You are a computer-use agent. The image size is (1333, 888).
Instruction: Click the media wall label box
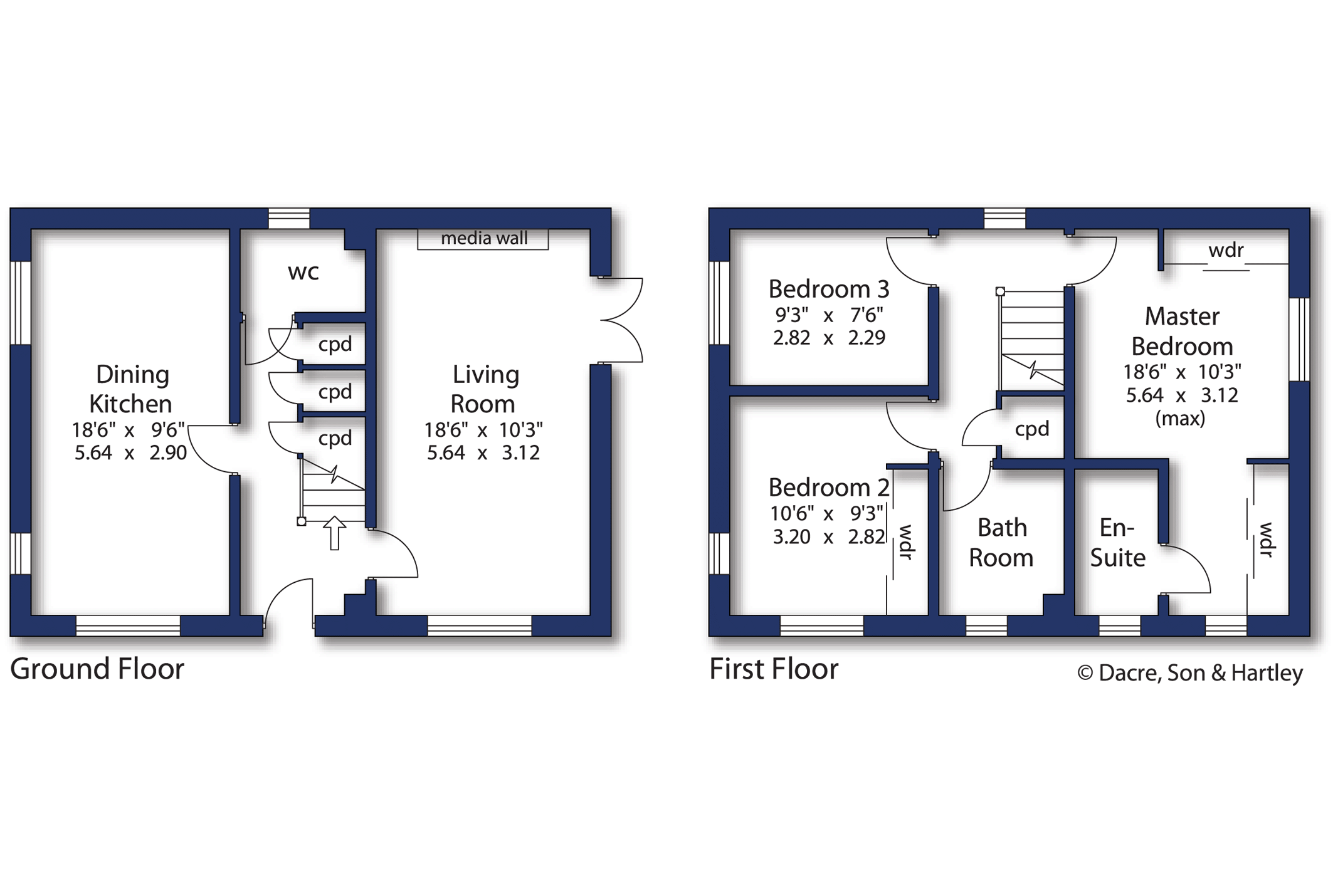[483, 239]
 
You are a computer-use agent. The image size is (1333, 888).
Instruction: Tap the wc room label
[303, 273]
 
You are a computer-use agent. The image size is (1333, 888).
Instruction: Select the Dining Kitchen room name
[131, 389]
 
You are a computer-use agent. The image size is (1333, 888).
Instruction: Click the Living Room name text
[485, 389]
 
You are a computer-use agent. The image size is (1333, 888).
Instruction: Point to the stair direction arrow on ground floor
[335, 533]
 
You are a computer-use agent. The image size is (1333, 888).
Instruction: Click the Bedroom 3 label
[829, 289]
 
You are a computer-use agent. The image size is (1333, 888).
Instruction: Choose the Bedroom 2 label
[829, 488]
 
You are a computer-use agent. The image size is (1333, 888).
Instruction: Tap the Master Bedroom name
[1182, 332]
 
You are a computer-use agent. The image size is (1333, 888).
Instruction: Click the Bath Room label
[1001, 543]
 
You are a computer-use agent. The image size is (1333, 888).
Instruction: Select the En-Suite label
[1117, 543]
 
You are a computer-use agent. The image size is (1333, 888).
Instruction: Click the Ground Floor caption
[97, 669]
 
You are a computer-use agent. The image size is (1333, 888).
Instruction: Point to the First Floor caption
[774, 669]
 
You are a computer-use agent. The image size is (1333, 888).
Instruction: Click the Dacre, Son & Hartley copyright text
[1190, 673]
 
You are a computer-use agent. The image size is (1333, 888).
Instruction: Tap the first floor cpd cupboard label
[1032, 430]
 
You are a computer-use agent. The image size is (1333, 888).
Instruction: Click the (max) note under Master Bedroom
[1180, 419]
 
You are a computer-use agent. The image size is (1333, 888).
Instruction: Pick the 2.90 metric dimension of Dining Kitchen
[168, 452]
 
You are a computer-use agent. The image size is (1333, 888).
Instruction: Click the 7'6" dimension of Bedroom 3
[867, 315]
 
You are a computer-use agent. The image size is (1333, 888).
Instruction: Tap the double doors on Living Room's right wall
[621, 320]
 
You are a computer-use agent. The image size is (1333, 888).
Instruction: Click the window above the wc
[289, 218]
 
